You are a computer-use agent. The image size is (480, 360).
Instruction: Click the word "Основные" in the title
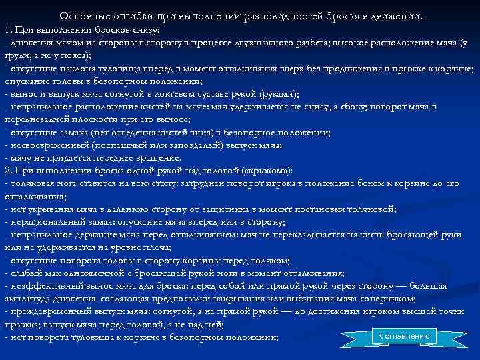pyautogui.click(x=83, y=15)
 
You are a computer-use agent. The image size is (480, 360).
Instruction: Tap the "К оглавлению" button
pyautogui.click(x=404, y=336)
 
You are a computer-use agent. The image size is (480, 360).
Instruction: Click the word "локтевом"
pyautogui.click(x=173, y=93)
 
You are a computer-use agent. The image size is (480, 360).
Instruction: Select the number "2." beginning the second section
pyautogui.click(x=9, y=171)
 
